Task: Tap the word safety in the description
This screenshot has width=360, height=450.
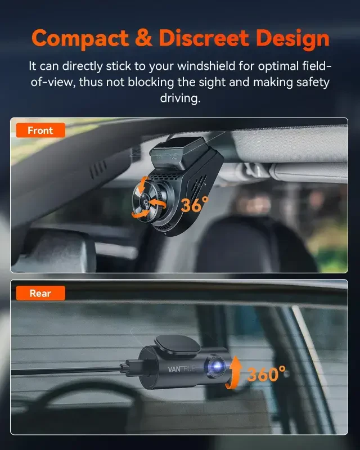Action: [x=310, y=82]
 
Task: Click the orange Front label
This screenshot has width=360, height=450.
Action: [x=40, y=130]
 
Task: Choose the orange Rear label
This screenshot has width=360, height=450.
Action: [x=40, y=293]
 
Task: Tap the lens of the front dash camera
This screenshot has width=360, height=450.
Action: [x=145, y=200]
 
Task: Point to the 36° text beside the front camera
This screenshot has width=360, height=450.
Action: [x=195, y=204]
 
